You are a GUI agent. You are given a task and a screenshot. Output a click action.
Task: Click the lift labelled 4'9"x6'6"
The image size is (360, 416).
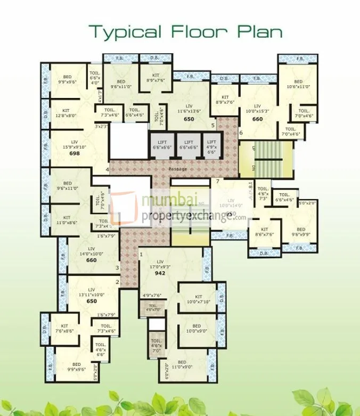point(212,146)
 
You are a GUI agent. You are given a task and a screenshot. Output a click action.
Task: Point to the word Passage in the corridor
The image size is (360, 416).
point(177,169)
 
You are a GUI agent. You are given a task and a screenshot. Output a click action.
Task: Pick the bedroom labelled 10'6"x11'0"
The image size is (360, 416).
point(294,83)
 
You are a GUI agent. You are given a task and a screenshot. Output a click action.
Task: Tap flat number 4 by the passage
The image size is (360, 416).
point(107,170)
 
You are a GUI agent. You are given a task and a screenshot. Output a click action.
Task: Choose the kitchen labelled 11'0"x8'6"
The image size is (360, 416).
point(67,220)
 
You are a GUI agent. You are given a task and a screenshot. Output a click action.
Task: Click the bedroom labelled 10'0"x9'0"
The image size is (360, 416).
point(197,329)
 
